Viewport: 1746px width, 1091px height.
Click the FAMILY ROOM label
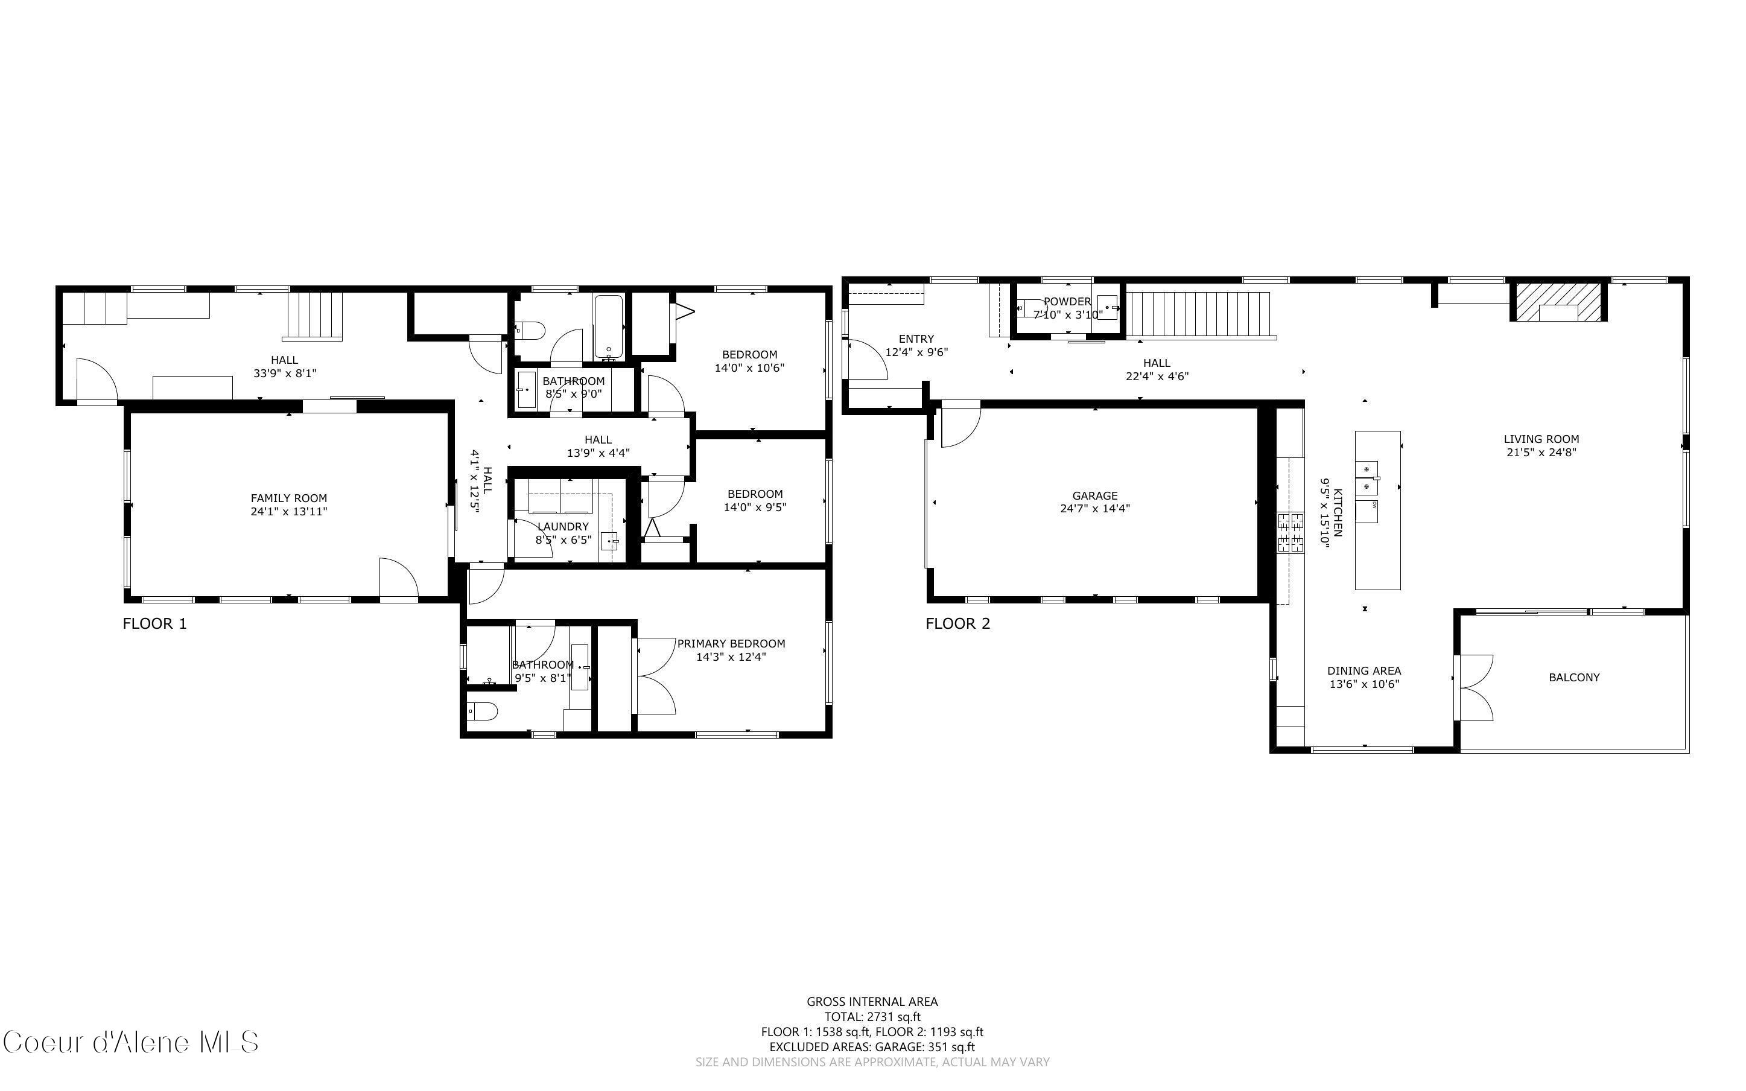click(288, 498)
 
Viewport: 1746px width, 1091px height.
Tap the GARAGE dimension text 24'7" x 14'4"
click(1095, 509)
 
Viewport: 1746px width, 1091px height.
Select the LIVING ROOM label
click(1541, 439)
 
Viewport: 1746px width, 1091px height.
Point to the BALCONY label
click(1573, 678)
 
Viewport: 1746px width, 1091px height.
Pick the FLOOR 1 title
click(154, 623)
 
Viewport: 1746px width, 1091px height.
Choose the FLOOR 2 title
click(957, 623)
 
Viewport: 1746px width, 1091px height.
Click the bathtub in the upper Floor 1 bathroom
click(609, 326)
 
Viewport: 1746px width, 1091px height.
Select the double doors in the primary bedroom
click(655, 676)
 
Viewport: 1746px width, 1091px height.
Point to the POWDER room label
click(1067, 302)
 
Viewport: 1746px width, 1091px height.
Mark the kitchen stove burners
click(1290, 532)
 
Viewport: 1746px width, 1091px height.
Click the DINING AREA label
click(1363, 671)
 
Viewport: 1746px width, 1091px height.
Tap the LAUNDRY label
click(562, 527)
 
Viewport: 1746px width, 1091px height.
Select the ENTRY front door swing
click(868, 359)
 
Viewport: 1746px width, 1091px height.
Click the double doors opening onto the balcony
click(1474, 687)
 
